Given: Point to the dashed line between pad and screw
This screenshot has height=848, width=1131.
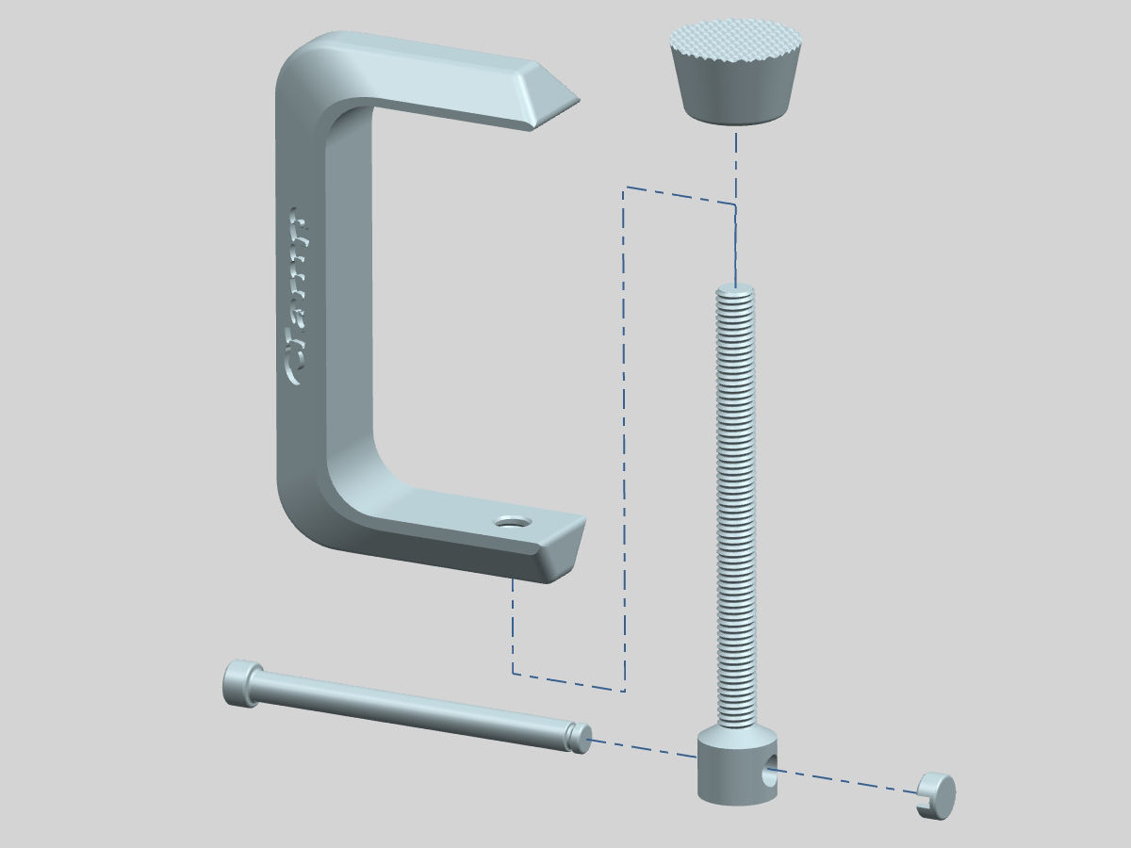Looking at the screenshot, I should pyautogui.click(x=735, y=170).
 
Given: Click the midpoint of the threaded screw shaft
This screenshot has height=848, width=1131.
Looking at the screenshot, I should pyautogui.click(x=735, y=509).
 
